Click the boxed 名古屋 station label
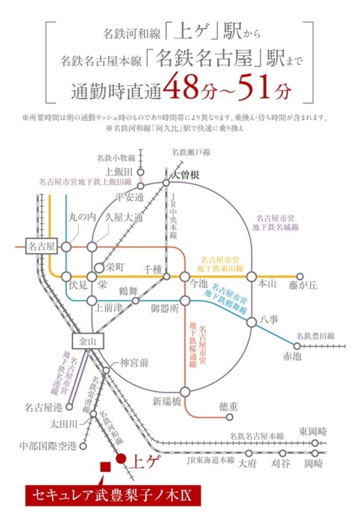(41, 246)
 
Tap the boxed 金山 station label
(88, 342)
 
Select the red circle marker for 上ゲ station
(121, 458)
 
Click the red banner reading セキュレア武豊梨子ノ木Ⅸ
(113, 496)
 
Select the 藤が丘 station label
(303, 285)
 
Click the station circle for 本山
(252, 277)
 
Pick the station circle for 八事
(252, 322)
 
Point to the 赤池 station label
(292, 356)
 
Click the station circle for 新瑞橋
(185, 391)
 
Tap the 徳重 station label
(228, 407)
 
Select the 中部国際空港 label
(48, 446)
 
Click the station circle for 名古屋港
(69, 407)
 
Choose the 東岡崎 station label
(312, 431)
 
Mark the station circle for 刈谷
(282, 453)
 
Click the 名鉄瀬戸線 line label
(191, 152)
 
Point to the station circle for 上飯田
(141, 172)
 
